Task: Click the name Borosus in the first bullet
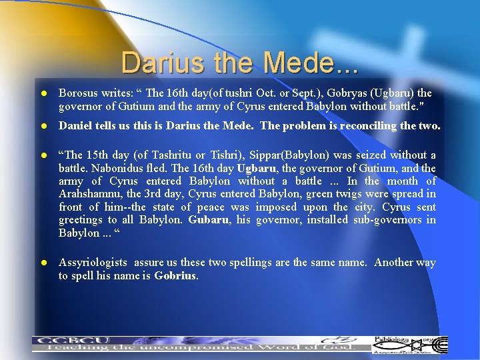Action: point(79,93)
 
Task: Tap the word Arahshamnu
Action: point(87,194)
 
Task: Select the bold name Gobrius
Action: point(175,275)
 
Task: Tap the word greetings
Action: point(79,220)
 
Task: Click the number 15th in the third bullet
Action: point(93,155)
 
